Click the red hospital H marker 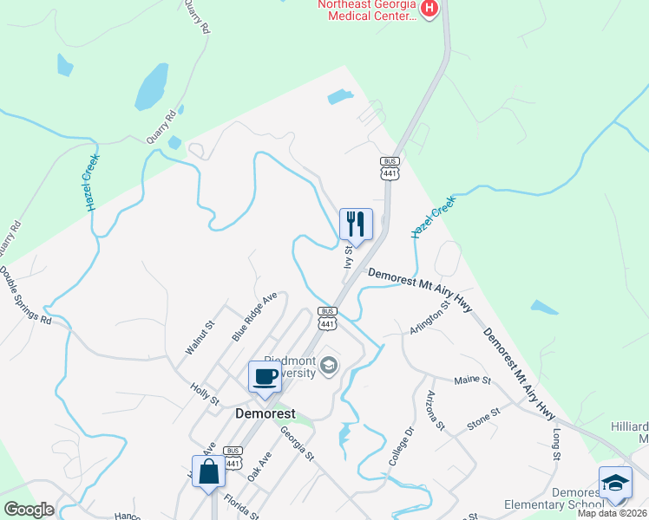(429, 9)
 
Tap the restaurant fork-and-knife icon (356, 224)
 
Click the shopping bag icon (208, 472)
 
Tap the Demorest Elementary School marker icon (616, 483)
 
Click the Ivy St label (349, 257)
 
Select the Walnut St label (199, 338)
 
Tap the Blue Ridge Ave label (253, 315)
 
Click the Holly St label (205, 395)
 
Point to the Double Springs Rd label (25, 295)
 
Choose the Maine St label (473, 380)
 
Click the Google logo (29, 510)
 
